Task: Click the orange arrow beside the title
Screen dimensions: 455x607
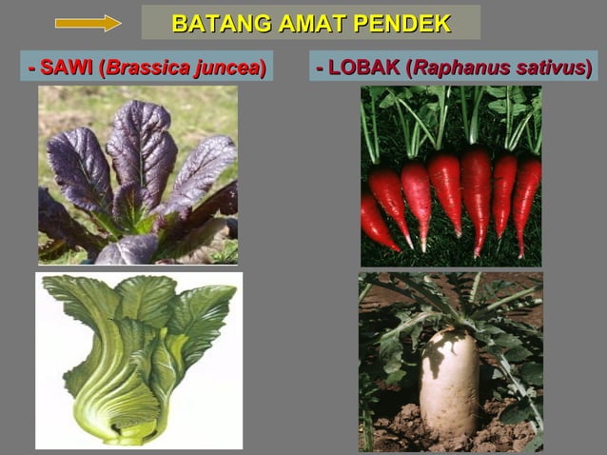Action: tap(88, 23)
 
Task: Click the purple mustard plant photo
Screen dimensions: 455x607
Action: tap(138, 175)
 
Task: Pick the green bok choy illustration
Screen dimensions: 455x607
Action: tap(139, 360)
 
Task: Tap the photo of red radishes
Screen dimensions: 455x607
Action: tap(450, 176)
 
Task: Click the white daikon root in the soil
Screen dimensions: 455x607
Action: tap(449, 381)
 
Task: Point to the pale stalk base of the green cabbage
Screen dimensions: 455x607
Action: tap(124, 419)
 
